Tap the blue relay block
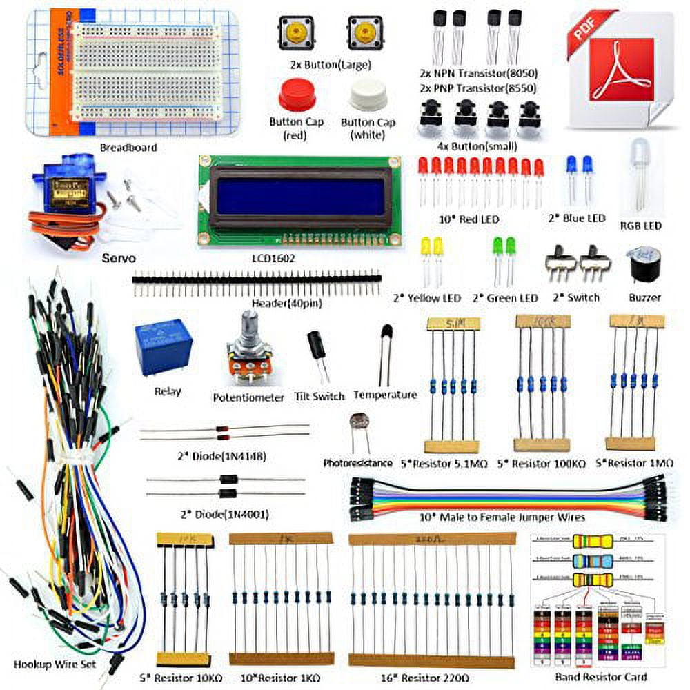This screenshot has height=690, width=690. (164, 348)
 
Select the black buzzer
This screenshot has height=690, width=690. (643, 266)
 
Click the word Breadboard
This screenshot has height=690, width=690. (128, 147)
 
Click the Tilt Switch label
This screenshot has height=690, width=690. (319, 396)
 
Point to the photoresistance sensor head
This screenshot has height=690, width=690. (359, 422)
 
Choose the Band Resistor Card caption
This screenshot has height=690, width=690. (595, 678)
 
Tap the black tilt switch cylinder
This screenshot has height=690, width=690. (317, 344)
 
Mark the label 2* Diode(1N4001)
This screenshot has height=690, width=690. (222, 514)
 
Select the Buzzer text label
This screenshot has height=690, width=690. (644, 297)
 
